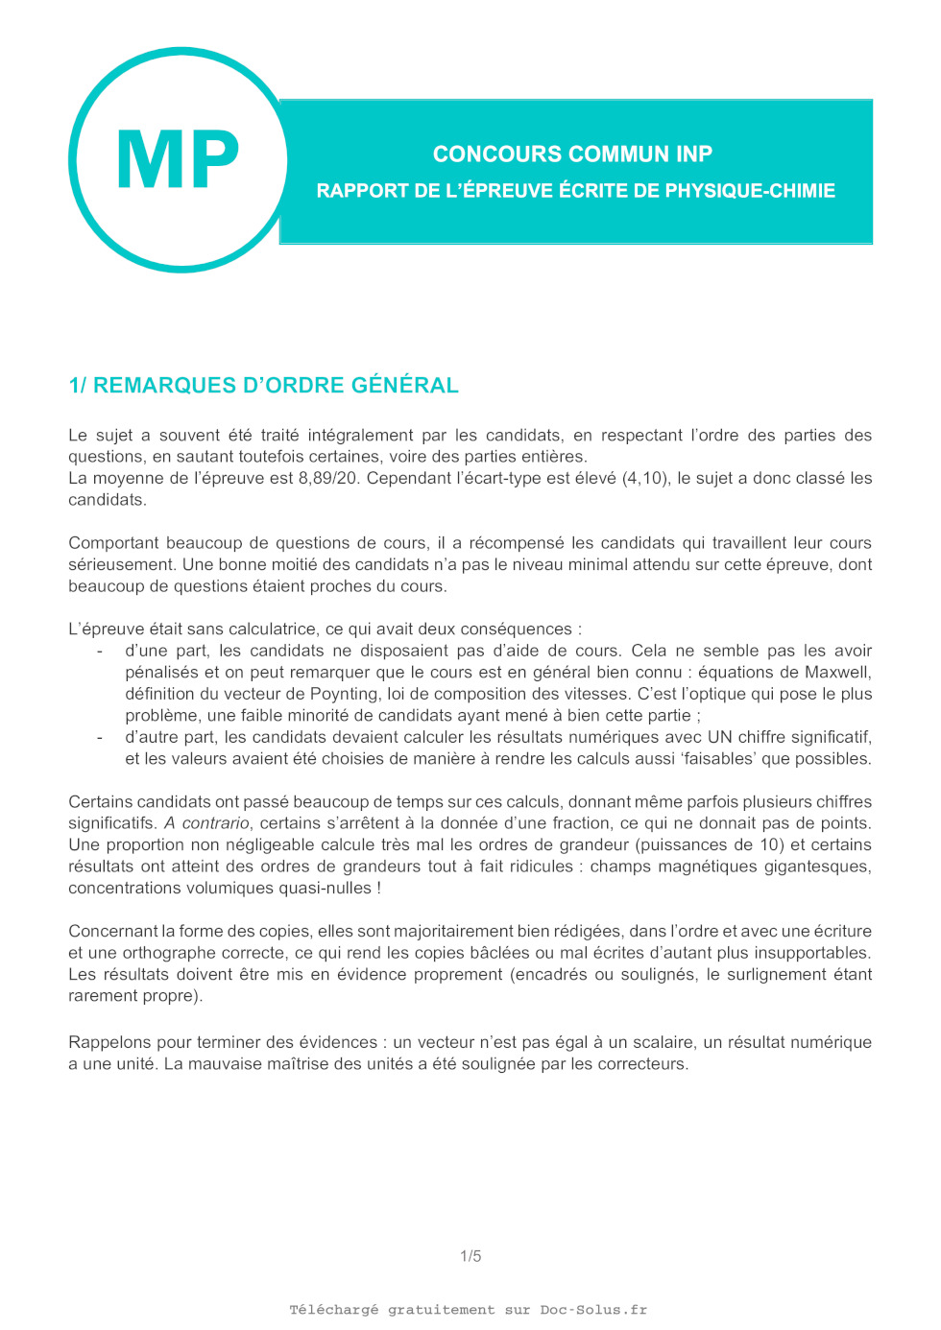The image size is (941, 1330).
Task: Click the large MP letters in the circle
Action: [x=178, y=160]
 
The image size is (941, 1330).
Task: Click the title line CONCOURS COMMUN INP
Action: [x=572, y=154]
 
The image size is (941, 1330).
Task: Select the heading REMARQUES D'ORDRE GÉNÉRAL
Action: [x=276, y=386]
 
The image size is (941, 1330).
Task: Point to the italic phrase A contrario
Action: [x=207, y=823]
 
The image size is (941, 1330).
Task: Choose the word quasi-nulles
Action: [x=324, y=889]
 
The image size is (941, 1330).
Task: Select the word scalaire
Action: [x=662, y=1042]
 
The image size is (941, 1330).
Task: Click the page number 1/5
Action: [x=470, y=1256]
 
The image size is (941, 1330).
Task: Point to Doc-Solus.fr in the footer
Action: [x=593, y=1310]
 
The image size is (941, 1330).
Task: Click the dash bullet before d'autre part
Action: [x=100, y=737]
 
